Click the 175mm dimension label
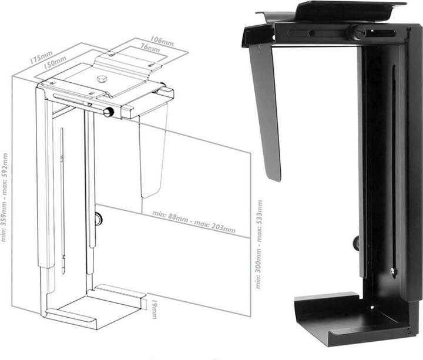39,59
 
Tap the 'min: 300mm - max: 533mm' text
258,244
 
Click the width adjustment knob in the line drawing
109,112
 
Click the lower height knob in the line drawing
98,219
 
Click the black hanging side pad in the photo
266,112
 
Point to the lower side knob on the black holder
356,241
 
